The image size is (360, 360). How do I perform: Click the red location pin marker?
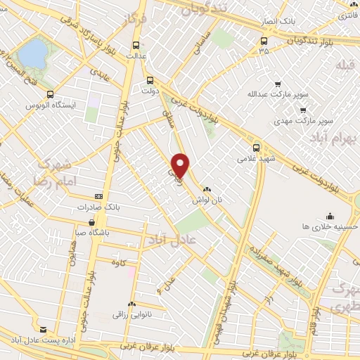(x=181, y=165)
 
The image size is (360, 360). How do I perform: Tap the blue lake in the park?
(x=31, y=52)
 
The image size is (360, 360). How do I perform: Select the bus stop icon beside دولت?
(x=149, y=79)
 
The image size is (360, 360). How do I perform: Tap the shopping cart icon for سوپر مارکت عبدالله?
(x=277, y=82)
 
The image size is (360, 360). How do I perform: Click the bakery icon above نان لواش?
(x=207, y=190)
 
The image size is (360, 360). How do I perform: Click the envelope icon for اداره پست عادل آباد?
(x=44, y=329)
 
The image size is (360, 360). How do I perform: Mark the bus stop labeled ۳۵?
(x=264, y=51)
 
